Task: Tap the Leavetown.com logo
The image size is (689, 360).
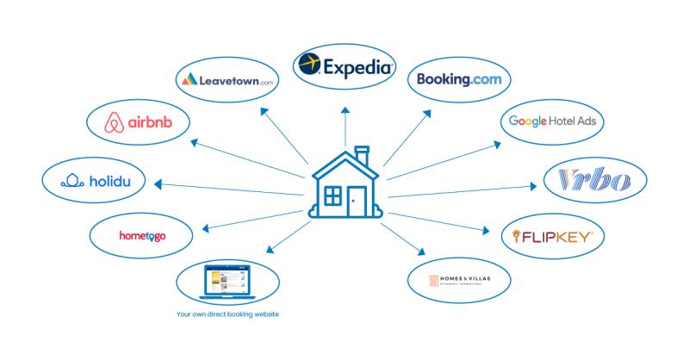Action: coord(227,81)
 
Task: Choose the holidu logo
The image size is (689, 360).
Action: coord(92,181)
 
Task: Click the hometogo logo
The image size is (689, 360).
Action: coord(142,234)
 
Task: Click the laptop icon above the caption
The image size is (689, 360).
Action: coord(227,281)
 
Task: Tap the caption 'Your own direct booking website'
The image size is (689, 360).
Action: coord(227,314)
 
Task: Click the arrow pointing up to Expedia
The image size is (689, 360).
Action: coord(344,125)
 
